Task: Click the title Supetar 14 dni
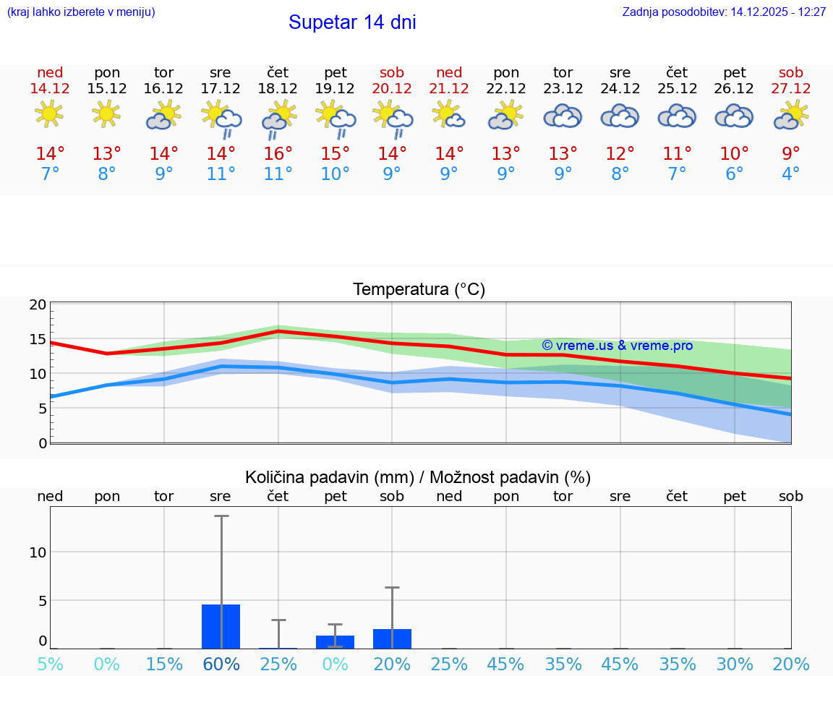(352, 22)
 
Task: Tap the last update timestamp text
(724, 12)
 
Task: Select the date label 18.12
(278, 88)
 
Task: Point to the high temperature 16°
(278, 154)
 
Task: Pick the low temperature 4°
(791, 174)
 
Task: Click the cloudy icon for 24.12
(620, 116)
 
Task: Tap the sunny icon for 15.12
(106, 114)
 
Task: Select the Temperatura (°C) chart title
(419, 290)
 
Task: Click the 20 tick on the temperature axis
(38, 304)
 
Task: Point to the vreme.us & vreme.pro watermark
(617, 346)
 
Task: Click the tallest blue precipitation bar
(221, 626)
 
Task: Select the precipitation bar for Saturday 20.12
(392, 639)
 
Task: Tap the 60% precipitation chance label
(221, 665)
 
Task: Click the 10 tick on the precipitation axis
(38, 552)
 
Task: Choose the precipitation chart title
(418, 477)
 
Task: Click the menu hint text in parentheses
(81, 12)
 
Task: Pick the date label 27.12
(791, 88)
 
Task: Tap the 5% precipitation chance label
(50, 665)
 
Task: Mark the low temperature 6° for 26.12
(734, 174)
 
